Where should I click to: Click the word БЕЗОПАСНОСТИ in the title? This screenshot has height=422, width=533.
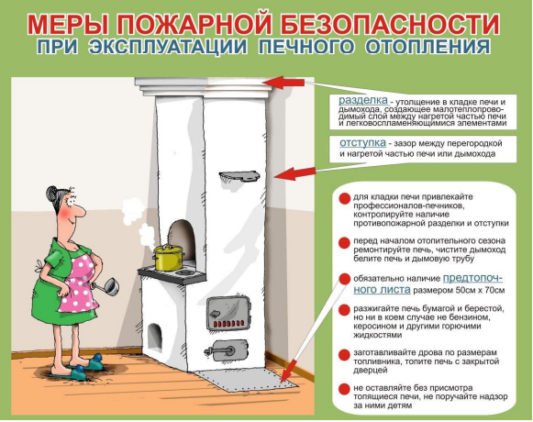click(392, 25)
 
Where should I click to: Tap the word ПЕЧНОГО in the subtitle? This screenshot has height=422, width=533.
click(305, 46)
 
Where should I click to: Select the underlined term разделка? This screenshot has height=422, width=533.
click(363, 100)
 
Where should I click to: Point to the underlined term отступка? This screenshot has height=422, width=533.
click(362, 143)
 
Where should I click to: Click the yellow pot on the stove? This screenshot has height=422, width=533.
click(168, 258)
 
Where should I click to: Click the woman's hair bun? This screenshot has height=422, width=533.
click(52, 194)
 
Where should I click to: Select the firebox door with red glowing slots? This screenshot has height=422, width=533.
click(228, 313)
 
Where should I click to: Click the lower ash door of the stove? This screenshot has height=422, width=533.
click(226, 350)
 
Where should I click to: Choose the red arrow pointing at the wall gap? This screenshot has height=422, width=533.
click(294, 173)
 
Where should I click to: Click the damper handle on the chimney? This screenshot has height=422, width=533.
click(239, 176)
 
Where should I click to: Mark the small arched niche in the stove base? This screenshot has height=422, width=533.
click(155, 337)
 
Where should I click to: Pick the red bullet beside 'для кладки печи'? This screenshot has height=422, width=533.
click(344, 199)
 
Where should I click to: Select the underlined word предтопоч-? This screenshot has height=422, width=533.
click(472, 278)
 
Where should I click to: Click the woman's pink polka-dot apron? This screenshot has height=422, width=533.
click(80, 285)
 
